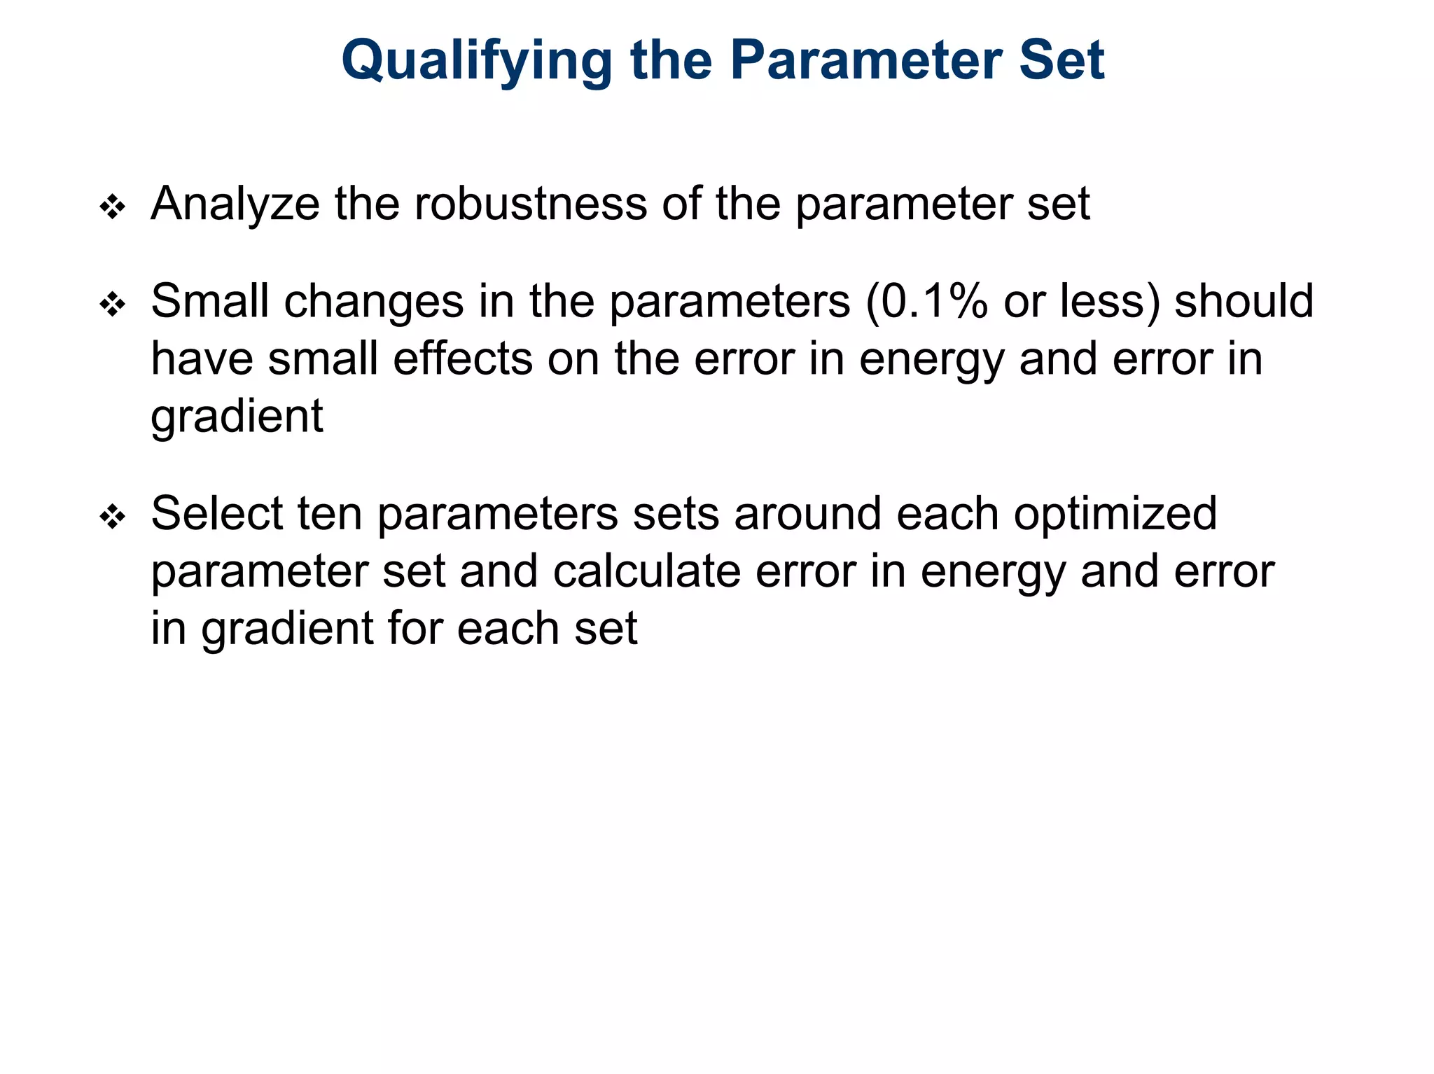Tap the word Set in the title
(x=1061, y=60)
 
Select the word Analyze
(x=235, y=204)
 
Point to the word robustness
(x=530, y=204)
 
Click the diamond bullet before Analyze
(x=113, y=207)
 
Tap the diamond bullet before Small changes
(x=113, y=305)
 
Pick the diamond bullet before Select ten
(x=113, y=517)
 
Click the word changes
(x=374, y=302)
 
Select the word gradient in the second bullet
(x=237, y=417)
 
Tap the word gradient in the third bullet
(x=288, y=629)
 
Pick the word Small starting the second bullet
(x=209, y=302)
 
